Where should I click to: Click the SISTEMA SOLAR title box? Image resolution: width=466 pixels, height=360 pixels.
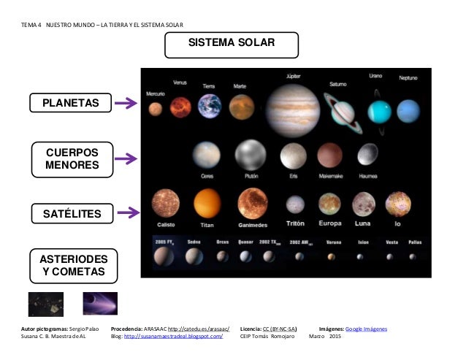click(x=232, y=44)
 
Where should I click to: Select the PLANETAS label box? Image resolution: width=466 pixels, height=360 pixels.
click(x=71, y=104)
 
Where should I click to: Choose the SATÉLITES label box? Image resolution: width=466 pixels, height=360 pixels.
click(x=71, y=213)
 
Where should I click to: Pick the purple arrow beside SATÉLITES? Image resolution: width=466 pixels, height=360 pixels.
click(x=129, y=213)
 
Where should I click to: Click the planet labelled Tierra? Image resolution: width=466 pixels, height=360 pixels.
click(x=210, y=107)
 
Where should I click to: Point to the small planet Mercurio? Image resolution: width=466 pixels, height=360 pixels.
click(x=155, y=110)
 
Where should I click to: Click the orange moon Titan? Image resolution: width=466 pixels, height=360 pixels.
click(x=207, y=203)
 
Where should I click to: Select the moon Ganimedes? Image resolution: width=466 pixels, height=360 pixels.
click(x=253, y=204)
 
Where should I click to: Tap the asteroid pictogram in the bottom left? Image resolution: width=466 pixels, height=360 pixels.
click(x=45, y=304)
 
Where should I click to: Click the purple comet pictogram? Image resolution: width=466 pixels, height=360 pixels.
click(x=99, y=304)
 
